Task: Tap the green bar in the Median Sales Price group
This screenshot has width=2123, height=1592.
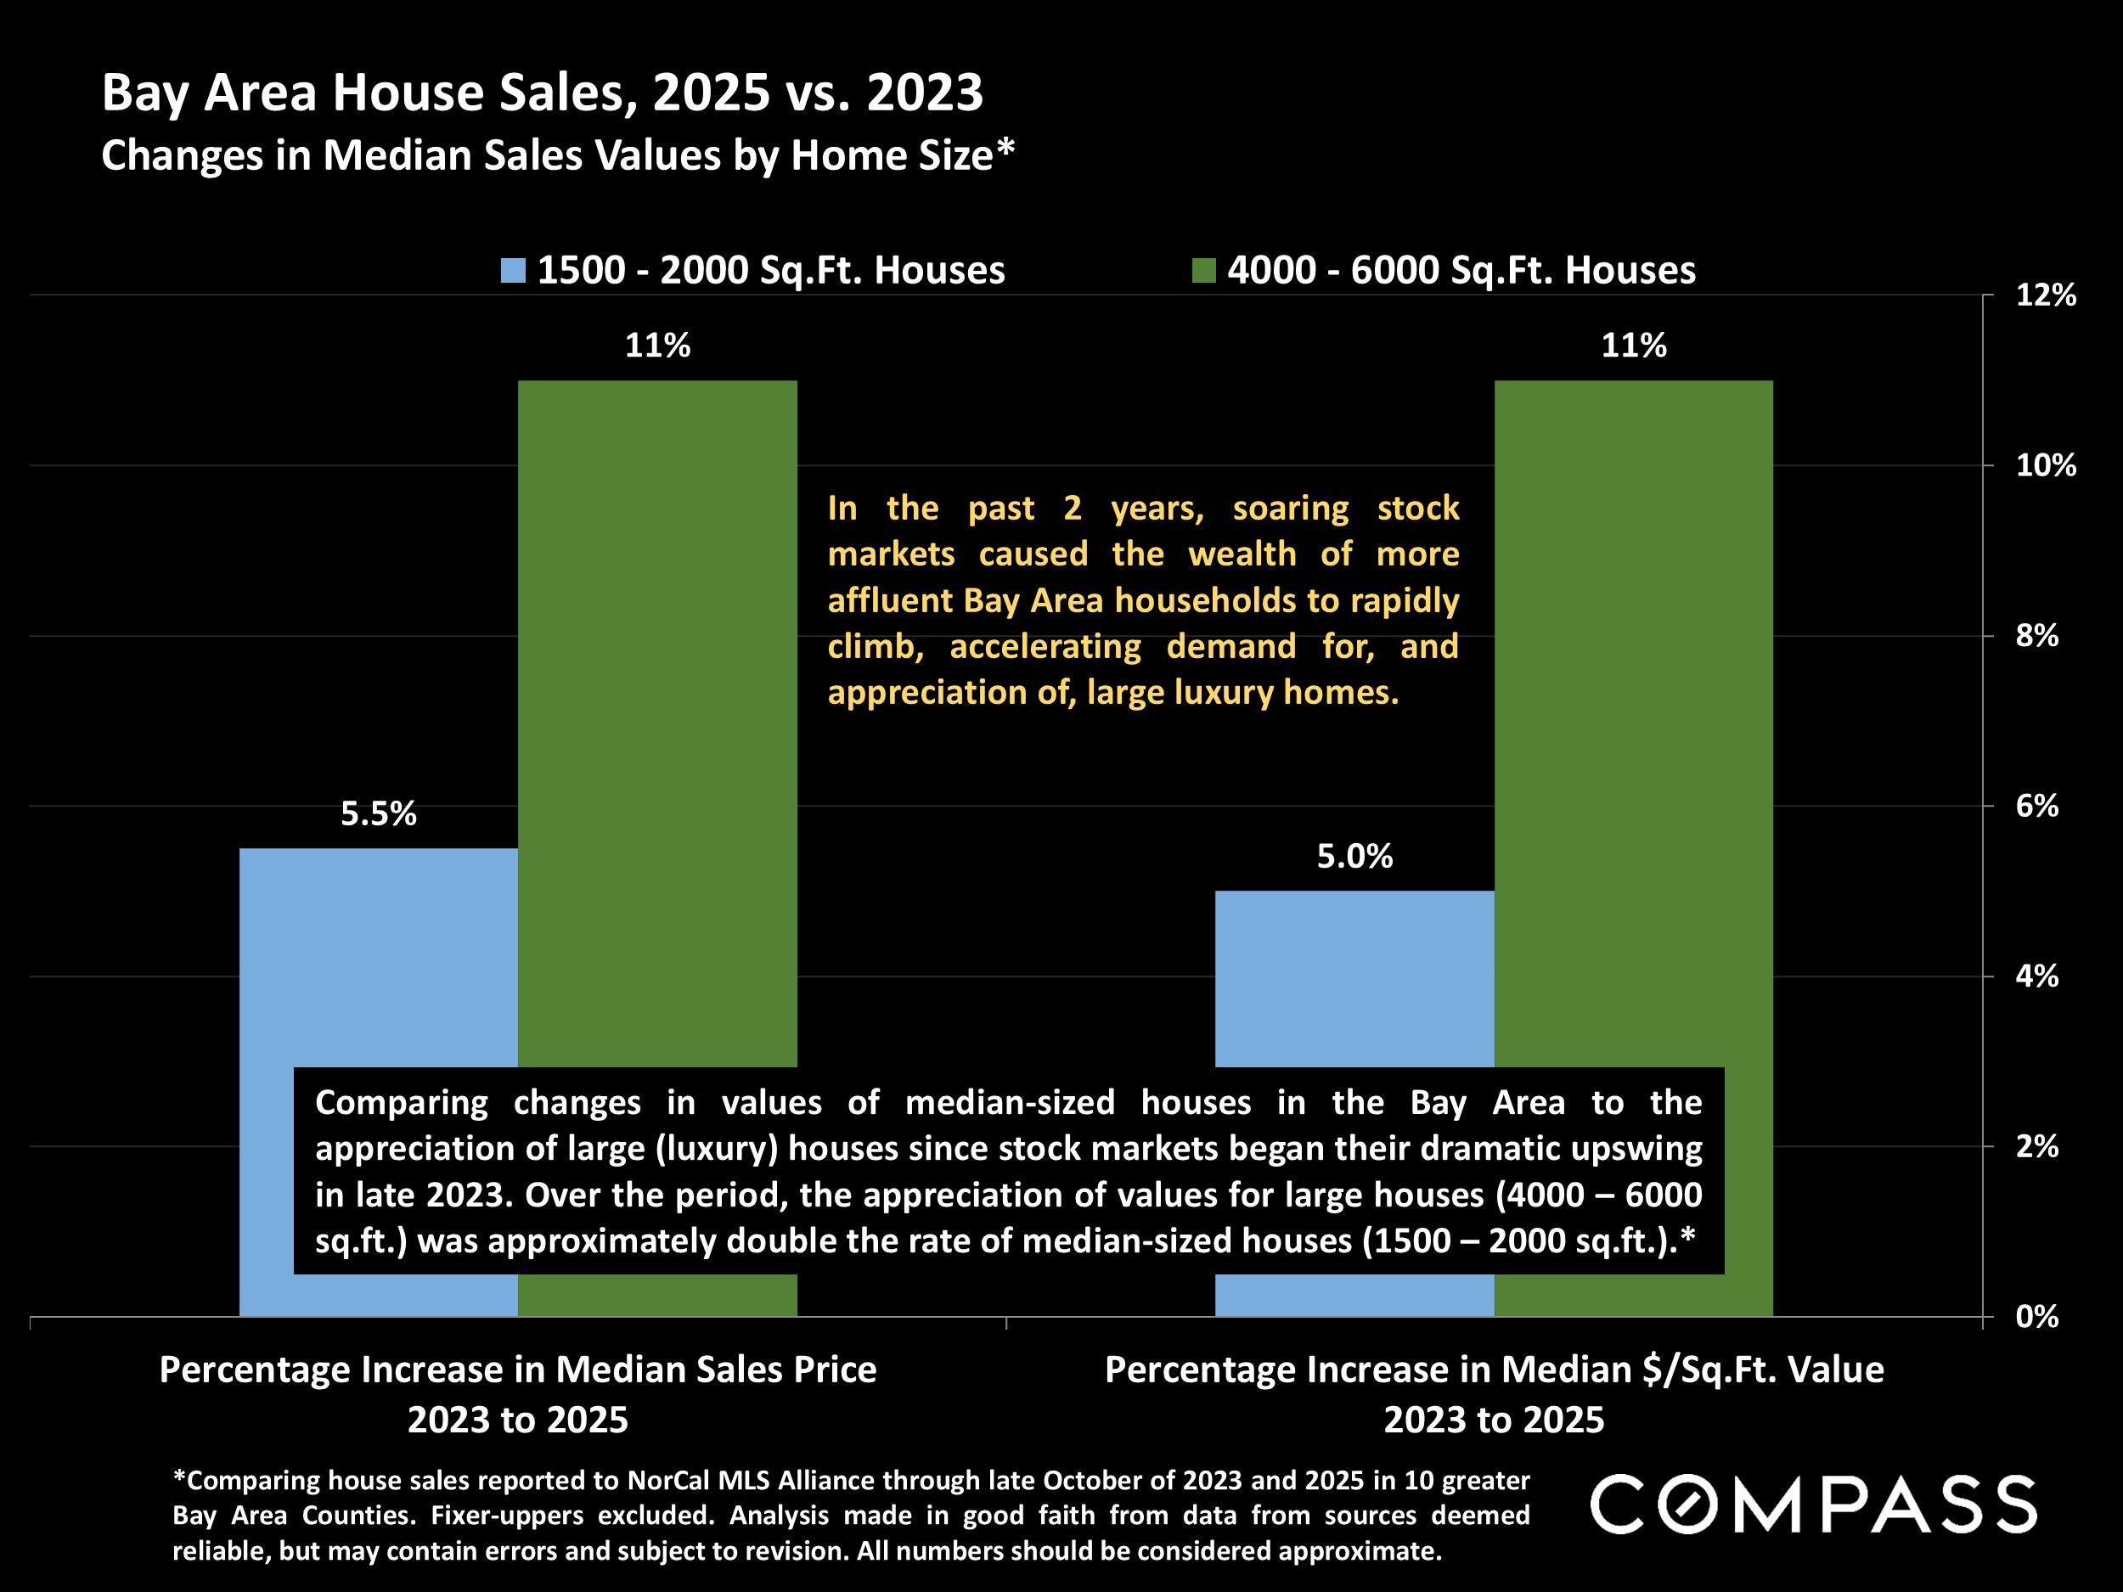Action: [657, 720]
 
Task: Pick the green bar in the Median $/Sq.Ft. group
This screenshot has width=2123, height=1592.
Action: [1634, 720]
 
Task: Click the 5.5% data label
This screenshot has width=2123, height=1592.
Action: [378, 813]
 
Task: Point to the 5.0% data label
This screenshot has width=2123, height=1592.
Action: [1354, 856]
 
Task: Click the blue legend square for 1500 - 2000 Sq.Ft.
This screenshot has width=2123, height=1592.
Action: [514, 271]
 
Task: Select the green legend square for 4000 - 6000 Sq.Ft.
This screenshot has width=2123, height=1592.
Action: [1203, 271]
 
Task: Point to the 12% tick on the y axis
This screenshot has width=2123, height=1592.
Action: [2045, 295]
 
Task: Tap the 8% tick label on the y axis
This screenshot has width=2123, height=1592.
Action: [2036, 635]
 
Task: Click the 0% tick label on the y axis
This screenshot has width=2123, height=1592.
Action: [2036, 1317]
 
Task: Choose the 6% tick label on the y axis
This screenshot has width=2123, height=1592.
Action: [2036, 806]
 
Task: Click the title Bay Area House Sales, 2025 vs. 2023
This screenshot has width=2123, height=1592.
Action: [543, 93]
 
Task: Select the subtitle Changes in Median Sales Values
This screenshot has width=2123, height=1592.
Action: [557, 155]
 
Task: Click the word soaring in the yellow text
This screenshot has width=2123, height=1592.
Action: [1290, 508]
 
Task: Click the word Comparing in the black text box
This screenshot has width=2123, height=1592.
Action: [401, 1103]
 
